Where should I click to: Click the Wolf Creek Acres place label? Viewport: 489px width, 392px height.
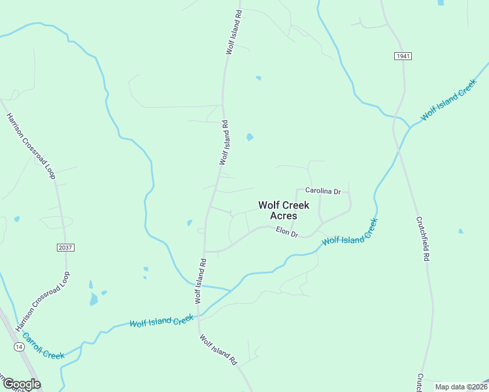click(x=284, y=210)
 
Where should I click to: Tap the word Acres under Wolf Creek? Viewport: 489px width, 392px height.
click(x=284, y=216)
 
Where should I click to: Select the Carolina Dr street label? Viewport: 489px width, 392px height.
click(x=323, y=191)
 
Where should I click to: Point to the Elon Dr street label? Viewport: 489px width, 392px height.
click(x=286, y=231)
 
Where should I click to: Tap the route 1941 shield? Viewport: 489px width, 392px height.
click(x=403, y=56)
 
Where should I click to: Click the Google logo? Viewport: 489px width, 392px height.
click(x=21, y=384)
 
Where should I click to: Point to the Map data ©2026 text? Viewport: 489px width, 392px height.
click(x=461, y=387)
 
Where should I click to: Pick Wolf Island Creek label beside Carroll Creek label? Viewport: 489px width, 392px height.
click(x=161, y=321)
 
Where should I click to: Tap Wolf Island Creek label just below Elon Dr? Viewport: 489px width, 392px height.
click(x=350, y=233)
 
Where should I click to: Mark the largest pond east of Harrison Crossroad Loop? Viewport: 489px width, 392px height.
click(x=93, y=299)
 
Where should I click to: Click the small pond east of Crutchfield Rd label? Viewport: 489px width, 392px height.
click(x=461, y=231)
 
